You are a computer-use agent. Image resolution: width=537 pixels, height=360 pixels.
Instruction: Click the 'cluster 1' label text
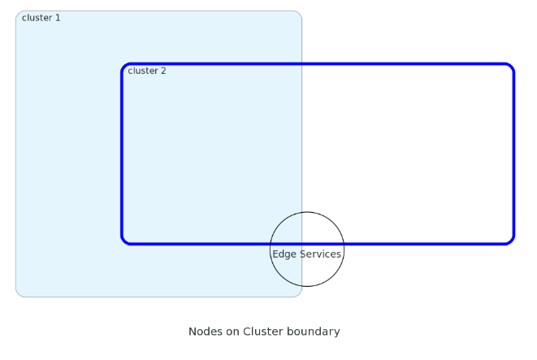click(x=41, y=18)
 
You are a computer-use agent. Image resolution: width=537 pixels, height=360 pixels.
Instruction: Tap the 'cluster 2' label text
click(x=146, y=71)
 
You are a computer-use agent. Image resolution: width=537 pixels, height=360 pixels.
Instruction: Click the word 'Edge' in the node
click(x=284, y=254)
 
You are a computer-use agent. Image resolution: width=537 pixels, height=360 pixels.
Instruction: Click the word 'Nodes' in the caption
click(x=204, y=332)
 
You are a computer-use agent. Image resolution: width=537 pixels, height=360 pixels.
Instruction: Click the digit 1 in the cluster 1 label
click(x=58, y=18)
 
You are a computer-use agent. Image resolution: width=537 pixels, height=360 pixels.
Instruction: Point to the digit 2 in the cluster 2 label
click(x=163, y=71)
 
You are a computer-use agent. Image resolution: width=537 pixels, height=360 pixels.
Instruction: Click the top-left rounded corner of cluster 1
click(x=19, y=14)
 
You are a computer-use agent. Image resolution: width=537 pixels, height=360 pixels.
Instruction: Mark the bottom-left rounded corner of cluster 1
click(x=19, y=293)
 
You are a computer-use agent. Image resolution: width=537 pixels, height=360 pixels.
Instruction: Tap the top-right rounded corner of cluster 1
click(x=299, y=14)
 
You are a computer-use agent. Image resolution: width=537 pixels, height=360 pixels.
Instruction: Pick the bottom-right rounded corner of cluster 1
click(x=299, y=293)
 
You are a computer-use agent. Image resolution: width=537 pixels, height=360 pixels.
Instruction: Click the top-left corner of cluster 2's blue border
click(x=124, y=66)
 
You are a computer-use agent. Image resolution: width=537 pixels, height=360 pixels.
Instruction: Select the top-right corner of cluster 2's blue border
click(x=511, y=67)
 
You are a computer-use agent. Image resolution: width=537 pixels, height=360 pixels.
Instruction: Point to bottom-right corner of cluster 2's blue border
click(x=511, y=241)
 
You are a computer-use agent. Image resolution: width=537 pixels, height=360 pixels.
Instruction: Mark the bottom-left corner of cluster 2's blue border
click(x=124, y=241)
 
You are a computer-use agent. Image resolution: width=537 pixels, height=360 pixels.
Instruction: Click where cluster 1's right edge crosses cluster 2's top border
click(x=302, y=63)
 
